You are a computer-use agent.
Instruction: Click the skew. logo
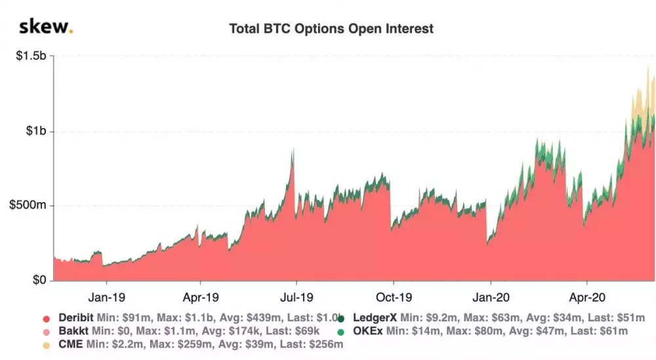(x=45, y=27)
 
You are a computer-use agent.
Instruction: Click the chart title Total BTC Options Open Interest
(x=331, y=29)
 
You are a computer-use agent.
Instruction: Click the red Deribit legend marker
(x=46, y=319)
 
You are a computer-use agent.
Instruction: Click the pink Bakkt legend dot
(x=46, y=332)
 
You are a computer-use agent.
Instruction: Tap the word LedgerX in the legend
(x=374, y=318)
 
